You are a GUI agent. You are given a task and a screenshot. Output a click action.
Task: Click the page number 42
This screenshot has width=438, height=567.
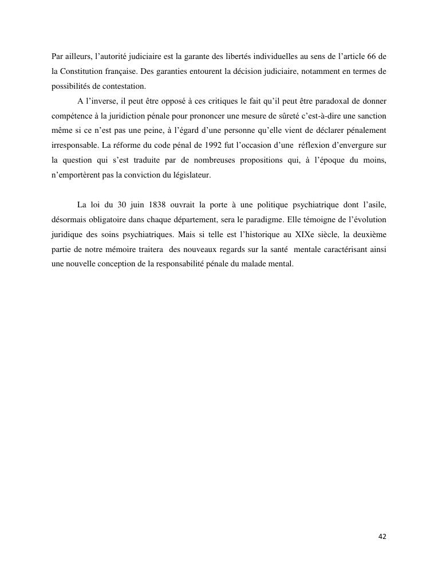382,537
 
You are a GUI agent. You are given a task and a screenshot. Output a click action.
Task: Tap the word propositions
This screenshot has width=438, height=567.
258,160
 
